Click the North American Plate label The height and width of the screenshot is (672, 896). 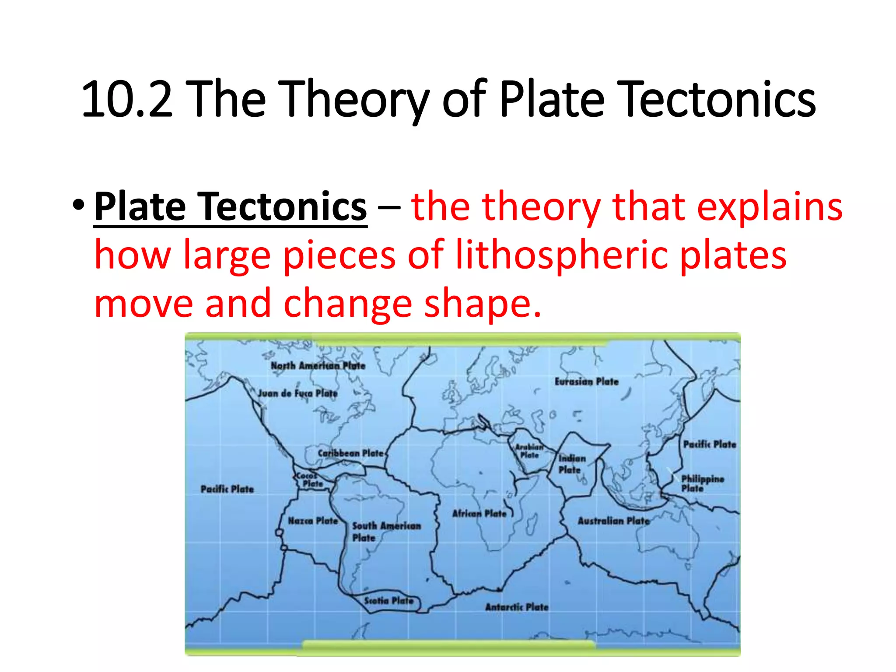pos(318,366)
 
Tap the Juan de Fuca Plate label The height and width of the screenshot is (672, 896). pos(297,393)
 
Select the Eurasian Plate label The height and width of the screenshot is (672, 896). pos(586,381)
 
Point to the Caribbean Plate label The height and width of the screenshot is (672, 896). pos(350,453)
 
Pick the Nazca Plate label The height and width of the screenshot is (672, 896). pos(313,521)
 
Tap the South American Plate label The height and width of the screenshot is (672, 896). pos(386,531)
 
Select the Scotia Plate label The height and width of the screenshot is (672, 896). pos(388,601)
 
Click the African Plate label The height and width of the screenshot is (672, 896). pos(479,513)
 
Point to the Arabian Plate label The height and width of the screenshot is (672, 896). pos(529,451)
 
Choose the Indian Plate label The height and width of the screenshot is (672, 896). pos(571,464)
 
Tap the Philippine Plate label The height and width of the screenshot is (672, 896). pos(702,483)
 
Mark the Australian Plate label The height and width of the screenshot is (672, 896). pos(613,521)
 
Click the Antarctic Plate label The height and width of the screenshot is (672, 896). pos(516,607)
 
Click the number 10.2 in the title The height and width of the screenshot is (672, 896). pos(127,100)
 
